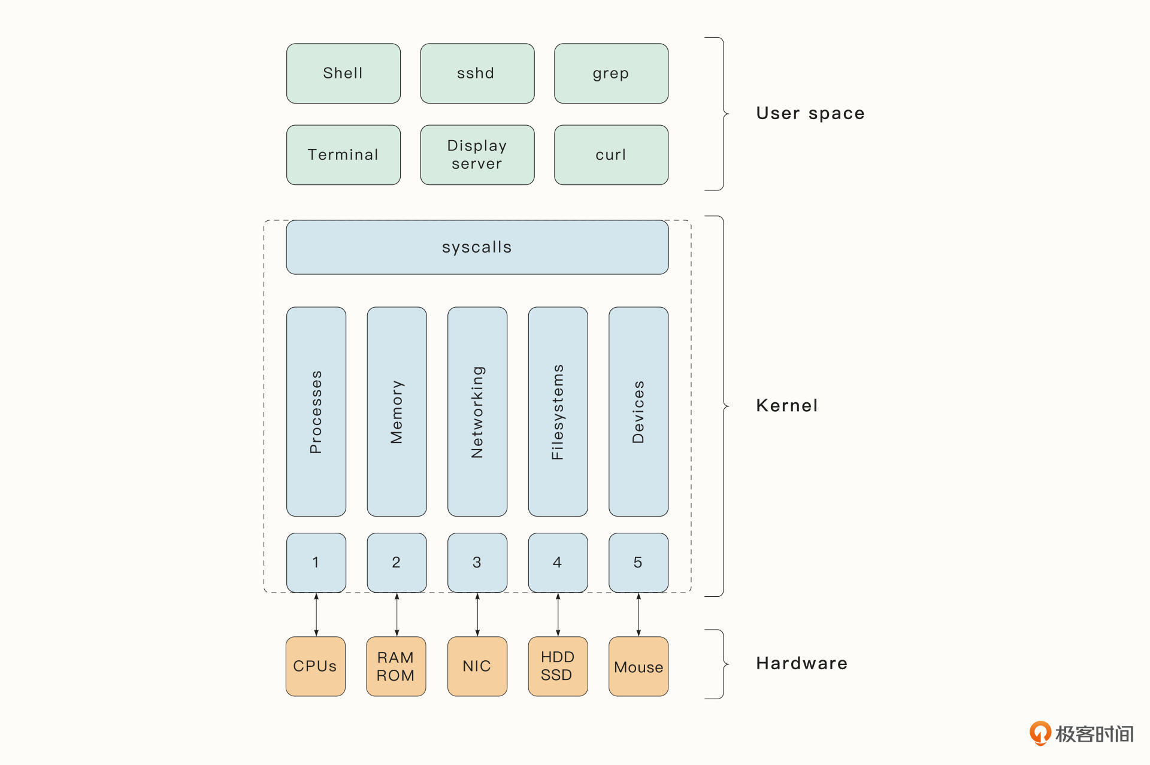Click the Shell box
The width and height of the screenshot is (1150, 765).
(x=343, y=73)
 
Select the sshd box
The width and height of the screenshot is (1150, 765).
(x=477, y=73)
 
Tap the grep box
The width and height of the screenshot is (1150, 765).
(x=611, y=73)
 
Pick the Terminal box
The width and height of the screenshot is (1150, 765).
(x=343, y=154)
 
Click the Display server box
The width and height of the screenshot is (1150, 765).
(x=477, y=154)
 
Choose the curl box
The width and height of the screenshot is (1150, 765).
(x=611, y=154)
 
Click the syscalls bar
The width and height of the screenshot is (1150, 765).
(x=477, y=247)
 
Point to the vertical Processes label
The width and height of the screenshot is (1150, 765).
(x=316, y=412)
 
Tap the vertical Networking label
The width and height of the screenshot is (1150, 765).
(x=477, y=412)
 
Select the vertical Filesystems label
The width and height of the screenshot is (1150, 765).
(x=558, y=412)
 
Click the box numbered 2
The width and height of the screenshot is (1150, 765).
(x=397, y=562)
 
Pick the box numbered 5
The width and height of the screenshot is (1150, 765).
(x=638, y=562)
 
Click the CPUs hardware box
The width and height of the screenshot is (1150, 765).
(x=315, y=666)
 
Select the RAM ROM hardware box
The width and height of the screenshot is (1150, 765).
(x=396, y=666)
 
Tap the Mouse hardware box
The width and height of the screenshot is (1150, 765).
(x=638, y=666)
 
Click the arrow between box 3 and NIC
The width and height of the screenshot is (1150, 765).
(x=477, y=614)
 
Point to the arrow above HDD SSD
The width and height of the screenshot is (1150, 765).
(x=558, y=614)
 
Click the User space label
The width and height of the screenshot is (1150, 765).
(x=810, y=113)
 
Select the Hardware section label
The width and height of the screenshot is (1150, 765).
(x=801, y=663)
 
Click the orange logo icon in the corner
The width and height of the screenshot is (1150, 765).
(x=1040, y=733)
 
